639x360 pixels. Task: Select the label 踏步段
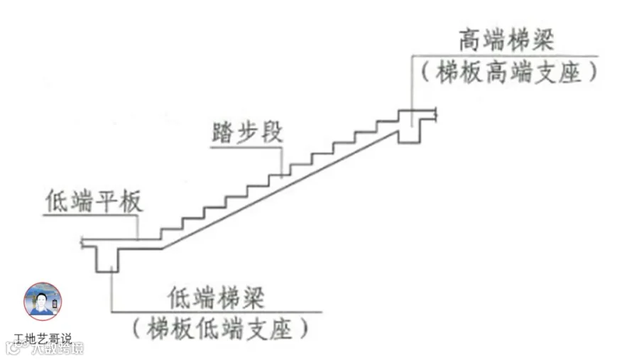coord(246,133)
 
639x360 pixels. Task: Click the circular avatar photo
coord(43,301)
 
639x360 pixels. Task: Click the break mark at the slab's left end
coord(84,243)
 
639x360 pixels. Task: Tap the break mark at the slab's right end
coord(434,113)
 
